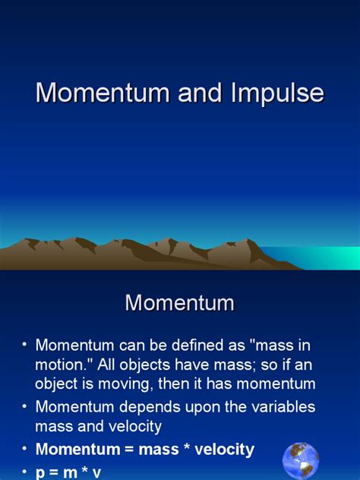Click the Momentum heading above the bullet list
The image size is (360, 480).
coord(180,302)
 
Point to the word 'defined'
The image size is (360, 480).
coord(197,345)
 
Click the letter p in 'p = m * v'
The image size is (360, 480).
coord(41,472)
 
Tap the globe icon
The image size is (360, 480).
coord(301,460)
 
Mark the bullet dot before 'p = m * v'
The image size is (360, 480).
coord(24,471)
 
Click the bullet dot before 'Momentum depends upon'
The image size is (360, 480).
coord(24,406)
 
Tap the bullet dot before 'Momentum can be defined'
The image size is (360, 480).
coord(24,345)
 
